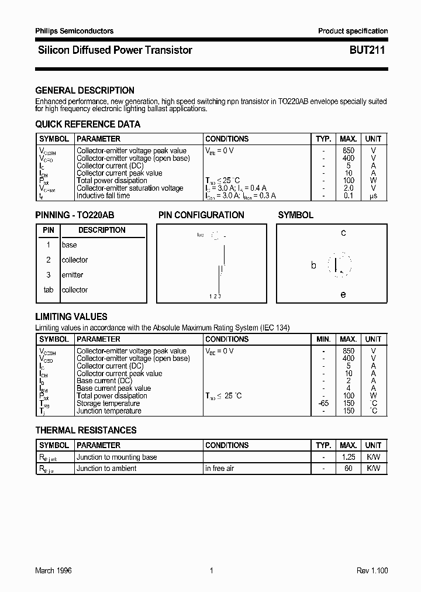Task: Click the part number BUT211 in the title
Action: coord(367,50)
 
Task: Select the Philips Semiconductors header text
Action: coord(74,31)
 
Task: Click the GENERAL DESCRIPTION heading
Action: coord(85,90)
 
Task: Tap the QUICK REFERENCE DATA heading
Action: coord(88,124)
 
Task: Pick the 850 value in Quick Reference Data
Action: coord(348,151)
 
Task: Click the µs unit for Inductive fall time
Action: coord(373,196)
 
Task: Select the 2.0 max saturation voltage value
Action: coord(348,188)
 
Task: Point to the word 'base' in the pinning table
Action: coord(69,245)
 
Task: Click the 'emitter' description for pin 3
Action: coord(73,275)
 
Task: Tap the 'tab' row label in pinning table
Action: coord(49,290)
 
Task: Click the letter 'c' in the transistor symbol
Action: coord(343,233)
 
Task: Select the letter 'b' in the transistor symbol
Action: coord(313,266)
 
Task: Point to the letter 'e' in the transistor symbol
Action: coord(343,294)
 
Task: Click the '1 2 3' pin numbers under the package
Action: coord(215,297)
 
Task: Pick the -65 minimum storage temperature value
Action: coord(323,404)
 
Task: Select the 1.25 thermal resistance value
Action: coord(348,457)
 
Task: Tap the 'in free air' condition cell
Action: coord(220,469)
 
